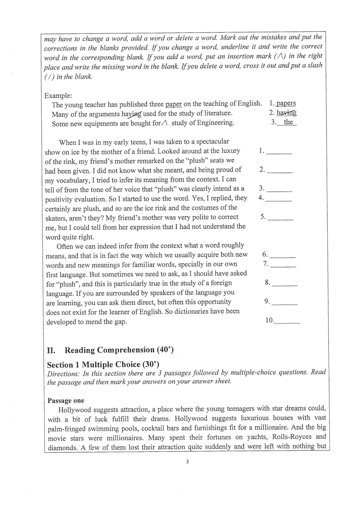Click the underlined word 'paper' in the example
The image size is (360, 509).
coord(174,104)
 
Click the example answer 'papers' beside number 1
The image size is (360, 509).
coord(286,103)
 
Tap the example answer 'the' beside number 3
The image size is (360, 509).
coord(288,122)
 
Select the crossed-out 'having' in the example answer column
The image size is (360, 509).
coord(286,112)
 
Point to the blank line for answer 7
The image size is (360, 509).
coord(283,265)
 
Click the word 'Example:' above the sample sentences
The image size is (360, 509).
coord(58,95)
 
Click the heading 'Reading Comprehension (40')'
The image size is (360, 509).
coord(119,350)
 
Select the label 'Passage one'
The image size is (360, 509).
coord(66,400)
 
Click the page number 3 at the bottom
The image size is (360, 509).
coord(187,461)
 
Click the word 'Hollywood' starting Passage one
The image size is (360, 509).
coord(75,409)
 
